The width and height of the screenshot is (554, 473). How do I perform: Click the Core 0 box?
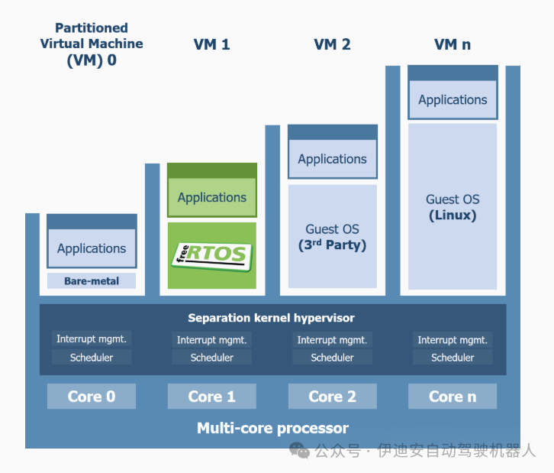pyautogui.click(x=92, y=397)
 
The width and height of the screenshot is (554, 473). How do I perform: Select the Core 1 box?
pyautogui.click(x=211, y=397)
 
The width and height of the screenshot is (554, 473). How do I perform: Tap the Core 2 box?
pyautogui.click(x=332, y=397)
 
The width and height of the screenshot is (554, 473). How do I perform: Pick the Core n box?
pyautogui.click(x=453, y=397)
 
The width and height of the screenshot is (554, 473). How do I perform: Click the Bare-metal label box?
pyautogui.click(x=92, y=281)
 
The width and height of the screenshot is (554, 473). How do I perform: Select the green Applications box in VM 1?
pyautogui.click(x=211, y=197)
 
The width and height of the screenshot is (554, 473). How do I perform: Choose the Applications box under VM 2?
pyautogui.click(x=332, y=159)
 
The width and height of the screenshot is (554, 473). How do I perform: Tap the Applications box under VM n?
pyautogui.click(x=453, y=99)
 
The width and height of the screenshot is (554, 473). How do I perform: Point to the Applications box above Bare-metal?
pyautogui.click(x=92, y=248)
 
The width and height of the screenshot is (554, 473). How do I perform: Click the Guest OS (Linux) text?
pyautogui.click(x=453, y=207)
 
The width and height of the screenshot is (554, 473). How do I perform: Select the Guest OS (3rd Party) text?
pyautogui.click(x=332, y=237)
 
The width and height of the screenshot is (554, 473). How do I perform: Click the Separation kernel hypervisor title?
pyautogui.click(x=272, y=318)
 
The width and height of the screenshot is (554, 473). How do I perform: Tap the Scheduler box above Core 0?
pyautogui.click(x=92, y=358)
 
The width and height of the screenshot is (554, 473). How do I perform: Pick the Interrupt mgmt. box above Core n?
pyautogui.click(x=453, y=340)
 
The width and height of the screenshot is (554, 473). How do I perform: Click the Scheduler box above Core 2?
pyautogui.click(x=332, y=358)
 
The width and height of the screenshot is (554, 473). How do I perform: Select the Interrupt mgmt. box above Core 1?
pyautogui.click(x=211, y=340)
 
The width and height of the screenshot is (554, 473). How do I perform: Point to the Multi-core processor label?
pyautogui.click(x=272, y=428)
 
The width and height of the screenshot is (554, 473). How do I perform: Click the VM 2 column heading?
pyautogui.click(x=332, y=44)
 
